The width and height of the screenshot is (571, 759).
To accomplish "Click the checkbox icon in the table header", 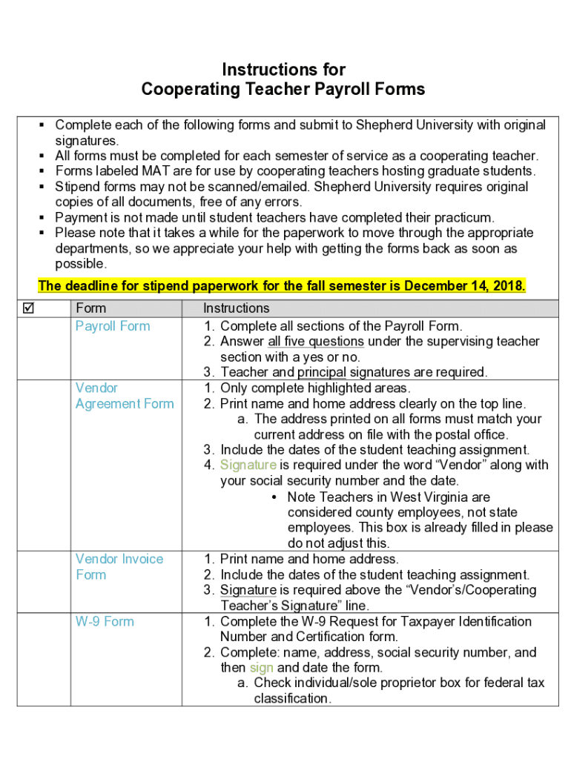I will point(27,308).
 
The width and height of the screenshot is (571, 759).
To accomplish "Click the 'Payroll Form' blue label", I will point(112,326).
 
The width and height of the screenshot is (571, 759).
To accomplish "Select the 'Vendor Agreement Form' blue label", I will point(124,396).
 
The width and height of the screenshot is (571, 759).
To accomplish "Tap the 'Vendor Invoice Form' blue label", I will point(119,567).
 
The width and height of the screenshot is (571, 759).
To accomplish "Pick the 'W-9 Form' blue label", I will point(105,621).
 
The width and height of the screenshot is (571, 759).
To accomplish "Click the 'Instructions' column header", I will point(237,308).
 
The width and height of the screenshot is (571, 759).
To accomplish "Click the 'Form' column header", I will point(90,308).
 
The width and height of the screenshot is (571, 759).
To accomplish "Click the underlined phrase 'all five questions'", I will point(315,342).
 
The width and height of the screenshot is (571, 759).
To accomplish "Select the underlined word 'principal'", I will point(321,372).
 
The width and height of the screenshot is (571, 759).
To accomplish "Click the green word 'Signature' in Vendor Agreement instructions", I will point(248,465).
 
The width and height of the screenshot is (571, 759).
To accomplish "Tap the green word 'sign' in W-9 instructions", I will point(261,668).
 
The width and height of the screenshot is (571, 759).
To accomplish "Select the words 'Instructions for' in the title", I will point(283,70).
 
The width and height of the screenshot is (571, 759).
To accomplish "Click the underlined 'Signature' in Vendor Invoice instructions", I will point(248,590).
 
